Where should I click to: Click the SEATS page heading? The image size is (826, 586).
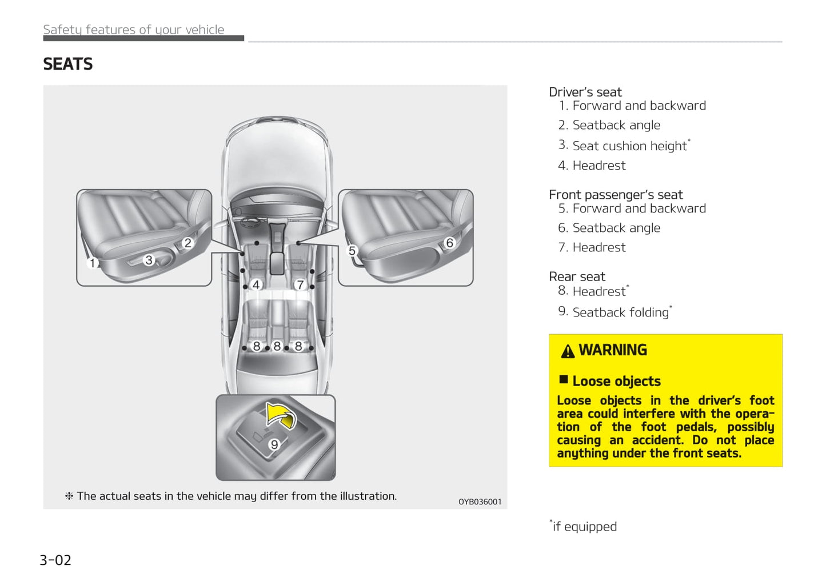click(x=67, y=64)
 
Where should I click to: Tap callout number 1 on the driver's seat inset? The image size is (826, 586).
click(x=92, y=263)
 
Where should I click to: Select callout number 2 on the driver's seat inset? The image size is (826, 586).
click(x=187, y=243)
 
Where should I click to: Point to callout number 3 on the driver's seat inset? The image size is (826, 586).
click(x=149, y=260)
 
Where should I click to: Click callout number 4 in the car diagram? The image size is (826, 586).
click(x=256, y=284)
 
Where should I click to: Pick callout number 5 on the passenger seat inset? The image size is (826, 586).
click(x=352, y=251)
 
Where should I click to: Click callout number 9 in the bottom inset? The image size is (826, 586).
click(x=274, y=444)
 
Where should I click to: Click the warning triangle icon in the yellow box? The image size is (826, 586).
click(x=568, y=351)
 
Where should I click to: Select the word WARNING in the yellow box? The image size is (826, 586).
click(x=613, y=350)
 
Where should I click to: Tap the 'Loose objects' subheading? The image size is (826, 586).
click(x=616, y=381)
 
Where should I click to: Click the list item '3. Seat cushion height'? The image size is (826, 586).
click(x=625, y=146)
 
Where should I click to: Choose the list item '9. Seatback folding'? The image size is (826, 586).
click(x=615, y=312)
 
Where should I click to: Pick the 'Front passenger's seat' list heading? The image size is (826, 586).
click(x=616, y=195)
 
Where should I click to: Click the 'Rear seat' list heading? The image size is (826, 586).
click(x=577, y=276)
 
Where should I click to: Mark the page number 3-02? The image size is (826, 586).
click(x=55, y=560)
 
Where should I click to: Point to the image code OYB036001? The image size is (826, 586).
click(x=480, y=501)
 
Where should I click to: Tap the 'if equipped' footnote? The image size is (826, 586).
click(x=584, y=526)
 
